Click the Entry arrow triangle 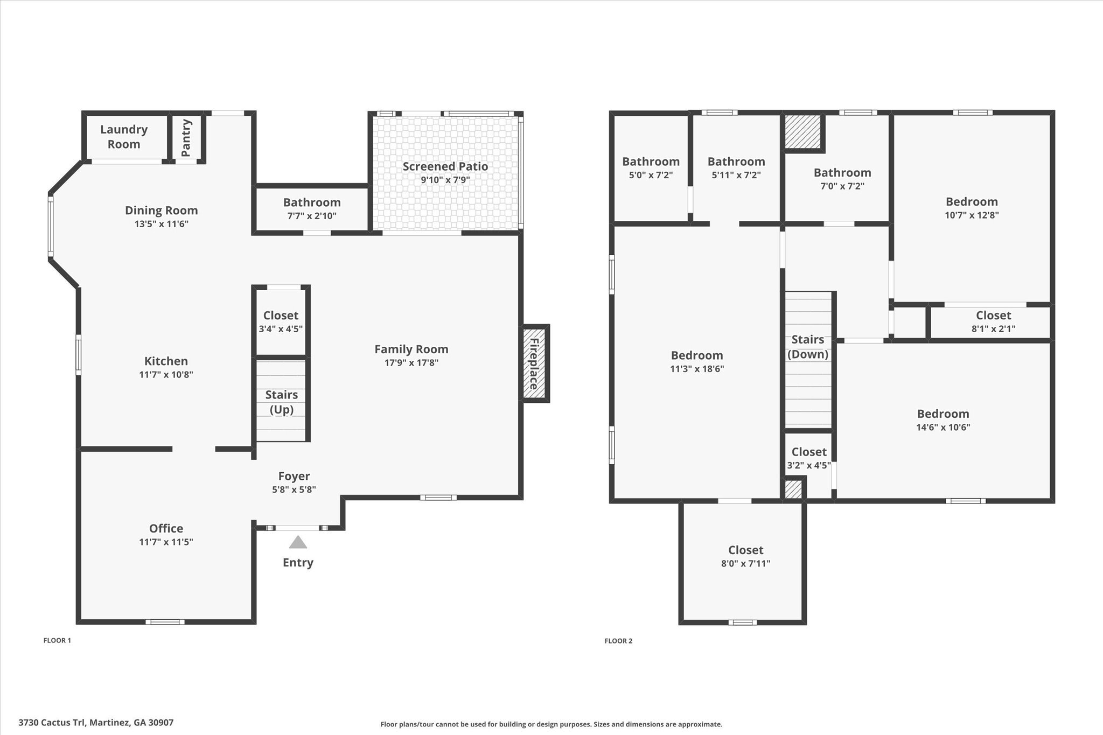pyautogui.click(x=298, y=542)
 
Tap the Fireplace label pyautogui.click(x=534, y=363)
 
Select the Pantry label pyautogui.click(x=186, y=138)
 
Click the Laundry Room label pyautogui.click(x=124, y=137)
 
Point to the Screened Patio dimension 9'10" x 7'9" pyautogui.click(x=445, y=180)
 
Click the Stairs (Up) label pyautogui.click(x=281, y=402)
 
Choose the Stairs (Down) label pyautogui.click(x=807, y=347)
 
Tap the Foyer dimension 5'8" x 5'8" pyautogui.click(x=294, y=489)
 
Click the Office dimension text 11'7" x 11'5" pyautogui.click(x=166, y=542)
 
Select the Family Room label pyautogui.click(x=411, y=349)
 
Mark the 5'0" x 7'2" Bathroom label pyautogui.click(x=651, y=162)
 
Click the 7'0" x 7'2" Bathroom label pyautogui.click(x=842, y=173)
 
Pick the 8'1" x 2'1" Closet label pyautogui.click(x=993, y=316)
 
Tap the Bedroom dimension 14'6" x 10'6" pyautogui.click(x=943, y=428)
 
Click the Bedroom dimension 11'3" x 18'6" pyautogui.click(x=697, y=369)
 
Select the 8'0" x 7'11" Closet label pyautogui.click(x=745, y=550)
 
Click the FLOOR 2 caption pyautogui.click(x=618, y=641)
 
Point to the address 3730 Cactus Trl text pyautogui.click(x=96, y=723)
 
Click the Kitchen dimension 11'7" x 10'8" pyautogui.click(x=166, y=375)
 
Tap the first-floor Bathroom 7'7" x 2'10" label pyautogui.click(x=312, y=203)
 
